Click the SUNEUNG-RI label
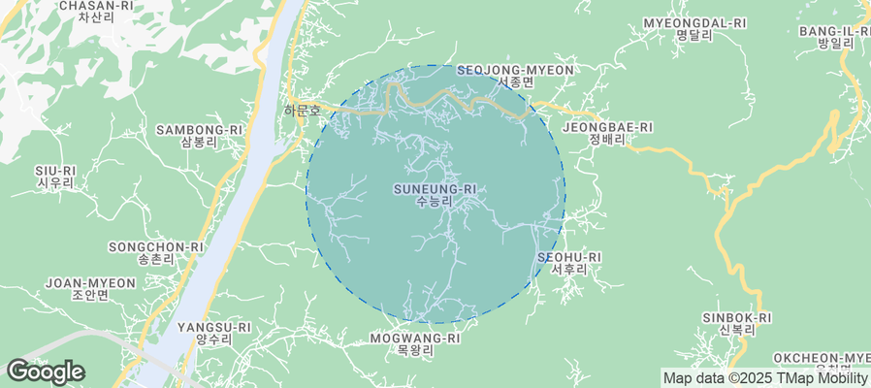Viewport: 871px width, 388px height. (x=435, y=188)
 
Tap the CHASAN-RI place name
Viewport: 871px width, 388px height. (x=96, y=6)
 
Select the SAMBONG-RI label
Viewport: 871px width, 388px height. (x=199, y=129)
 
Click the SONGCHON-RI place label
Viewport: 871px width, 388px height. (x=156, y=247)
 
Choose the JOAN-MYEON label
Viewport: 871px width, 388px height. (x=91, y=283)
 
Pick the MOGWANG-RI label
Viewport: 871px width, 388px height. (x=414, y=339)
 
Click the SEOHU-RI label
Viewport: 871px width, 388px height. (x=569, y=257)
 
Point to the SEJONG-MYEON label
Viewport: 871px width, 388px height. (x=515, y=71)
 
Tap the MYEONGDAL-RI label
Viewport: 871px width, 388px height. (x=694, y=23)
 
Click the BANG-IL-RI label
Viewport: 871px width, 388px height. (x=834, y=31)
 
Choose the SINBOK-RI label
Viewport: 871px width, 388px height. (x=737, y=317)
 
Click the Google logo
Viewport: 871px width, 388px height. (x=45, y=372)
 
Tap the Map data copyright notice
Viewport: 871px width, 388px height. (x=765, y=378)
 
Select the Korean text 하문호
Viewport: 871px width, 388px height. (x=302, y=111)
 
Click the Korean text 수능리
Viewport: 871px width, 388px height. (x=435, y=201)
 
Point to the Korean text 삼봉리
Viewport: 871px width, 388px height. (x=199, y=142)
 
